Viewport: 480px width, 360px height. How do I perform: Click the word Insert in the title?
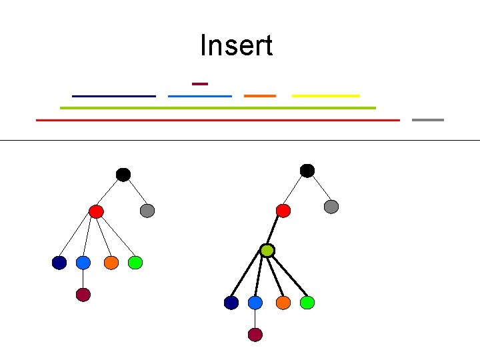pyautogui.click(x=236, y=46)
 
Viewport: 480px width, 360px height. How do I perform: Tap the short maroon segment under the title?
pyautogui.click(x=200, y=83)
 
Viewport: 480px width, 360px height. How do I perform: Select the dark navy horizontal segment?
pyautogui.click(x=113, y=96)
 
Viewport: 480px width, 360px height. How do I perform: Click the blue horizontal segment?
pyautogui.click(x=200, y=96)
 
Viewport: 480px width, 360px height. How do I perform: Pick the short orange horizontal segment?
pyautogui.click(x=259, y=96)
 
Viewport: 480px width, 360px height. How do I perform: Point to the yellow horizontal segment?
pyautogui.click(x=325, y=96)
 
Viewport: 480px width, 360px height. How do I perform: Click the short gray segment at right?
pyautogui.click(x=427, y=120)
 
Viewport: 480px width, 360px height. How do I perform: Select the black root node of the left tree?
pyautogui.click(x=123, y=175)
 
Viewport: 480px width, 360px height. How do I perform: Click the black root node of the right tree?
pyautogui.click(x=307, y=171)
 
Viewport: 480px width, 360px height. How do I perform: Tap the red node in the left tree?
pyautogui.click(x=96, y=212)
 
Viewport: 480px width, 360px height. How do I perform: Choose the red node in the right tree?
pyautogui.click(x=283, y=211)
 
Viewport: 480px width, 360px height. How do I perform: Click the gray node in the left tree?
pyautogui.click(x=147, y=211)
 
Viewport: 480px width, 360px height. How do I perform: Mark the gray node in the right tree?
pyautogui.click(x=331, y=207)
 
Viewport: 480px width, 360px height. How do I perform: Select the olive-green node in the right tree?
pyautogui.click(x=267, y=251)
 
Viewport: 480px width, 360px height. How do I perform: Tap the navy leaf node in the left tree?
pyautogui.click(x=59, y=263)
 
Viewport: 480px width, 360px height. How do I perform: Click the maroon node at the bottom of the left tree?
pyautogui.click(x=83, y=295)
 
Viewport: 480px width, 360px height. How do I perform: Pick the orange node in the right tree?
pyautogui.click(x=283, y=303)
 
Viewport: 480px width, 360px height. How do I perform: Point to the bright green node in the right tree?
pyautogui.click(x=307, y=303)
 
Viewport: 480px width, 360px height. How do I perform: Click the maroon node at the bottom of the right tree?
pyautogui.click(x=255, y=335)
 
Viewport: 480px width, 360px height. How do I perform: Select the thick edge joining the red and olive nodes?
pyautogui.click(x=275, y=231)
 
